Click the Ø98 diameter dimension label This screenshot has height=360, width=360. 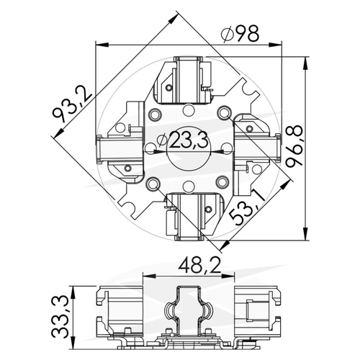pyautogui.click(x=240, y=34)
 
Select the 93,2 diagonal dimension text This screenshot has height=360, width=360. pyautogui.click(x=71, y=104)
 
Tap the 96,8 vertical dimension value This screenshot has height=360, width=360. pyautogui.click(x=294, y=145)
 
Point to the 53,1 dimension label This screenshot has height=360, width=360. pyautogui.click(x=248, y=207)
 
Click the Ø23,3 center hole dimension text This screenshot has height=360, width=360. pyautogui.click(x=182, y=140)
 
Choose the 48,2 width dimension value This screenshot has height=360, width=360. pyautogui.click(x=200, y=266)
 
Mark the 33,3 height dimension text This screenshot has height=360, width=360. pyautogui.click(x=60, y=317)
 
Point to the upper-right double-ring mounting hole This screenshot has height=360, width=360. pyautogui.click(x=223, y=112)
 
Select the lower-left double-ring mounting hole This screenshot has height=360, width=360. pyautogui.click(x=153, y=184)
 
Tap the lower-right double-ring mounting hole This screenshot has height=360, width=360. pyautogui.click(x=222, y=182)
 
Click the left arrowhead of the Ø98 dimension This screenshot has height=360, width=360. pyautogui.click(x=102, y=45)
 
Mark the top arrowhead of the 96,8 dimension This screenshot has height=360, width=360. pyautogui.click(x=305, y=63)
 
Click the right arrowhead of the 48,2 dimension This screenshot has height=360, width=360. pyautogui.click(x=228, y=276)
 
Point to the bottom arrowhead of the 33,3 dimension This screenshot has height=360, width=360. pyautogui.click(x=73, y=342)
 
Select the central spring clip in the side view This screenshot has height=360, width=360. pyautogui.click(x=188, y=311)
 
